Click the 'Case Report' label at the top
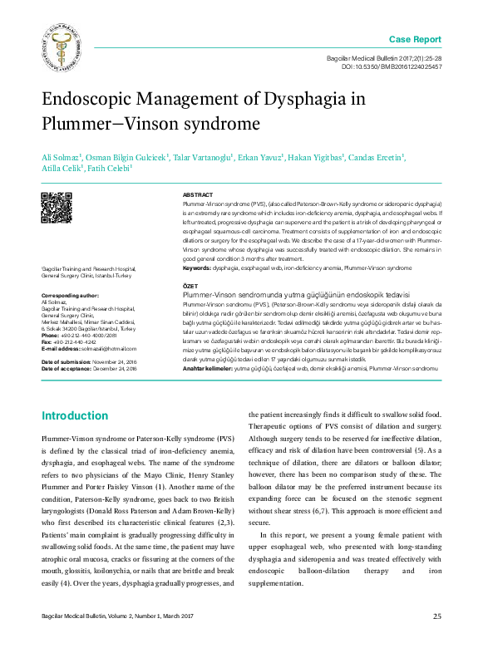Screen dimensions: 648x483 click(x=416, y=40)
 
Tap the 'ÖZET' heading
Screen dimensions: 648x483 click(x=190, y=285)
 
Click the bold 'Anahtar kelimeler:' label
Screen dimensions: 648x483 click(x=207, y=366)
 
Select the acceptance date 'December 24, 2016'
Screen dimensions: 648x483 click(x=113, y=368)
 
